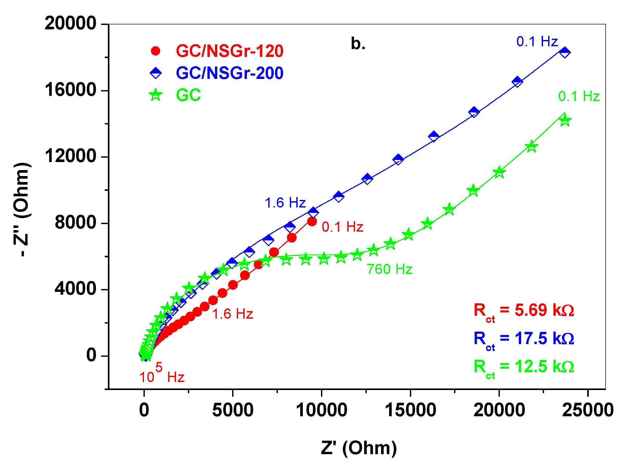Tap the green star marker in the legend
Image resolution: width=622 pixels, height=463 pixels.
[155, 95]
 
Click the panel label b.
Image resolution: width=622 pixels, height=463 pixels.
[358, 44]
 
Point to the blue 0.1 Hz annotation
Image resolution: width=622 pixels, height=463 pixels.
[537, 42]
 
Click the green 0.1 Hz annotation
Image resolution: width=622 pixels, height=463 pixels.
[579, 96]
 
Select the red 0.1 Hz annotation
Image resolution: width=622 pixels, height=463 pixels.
[342, 227]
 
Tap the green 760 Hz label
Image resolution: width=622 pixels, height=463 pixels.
[389, 269]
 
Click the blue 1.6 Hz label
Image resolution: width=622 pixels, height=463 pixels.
[285, 203]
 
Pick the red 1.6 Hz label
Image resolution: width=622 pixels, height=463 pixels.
[232, 314]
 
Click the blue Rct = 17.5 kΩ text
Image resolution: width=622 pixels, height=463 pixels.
[523, 339]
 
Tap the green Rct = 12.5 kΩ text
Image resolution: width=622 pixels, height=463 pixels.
[523, 367]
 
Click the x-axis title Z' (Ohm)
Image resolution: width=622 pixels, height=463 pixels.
[358, 448]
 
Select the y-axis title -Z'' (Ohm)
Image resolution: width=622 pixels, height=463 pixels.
[22, 209]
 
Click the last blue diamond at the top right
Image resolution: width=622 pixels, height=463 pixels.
[564, 52]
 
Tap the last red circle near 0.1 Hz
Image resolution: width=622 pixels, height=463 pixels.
[312, 222]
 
